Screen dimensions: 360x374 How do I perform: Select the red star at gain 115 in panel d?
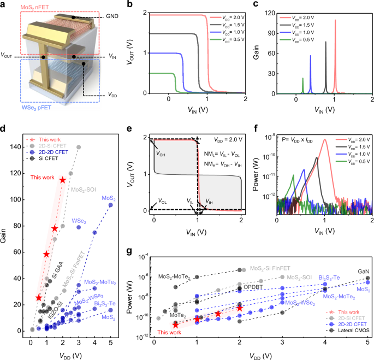coord(63,180)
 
